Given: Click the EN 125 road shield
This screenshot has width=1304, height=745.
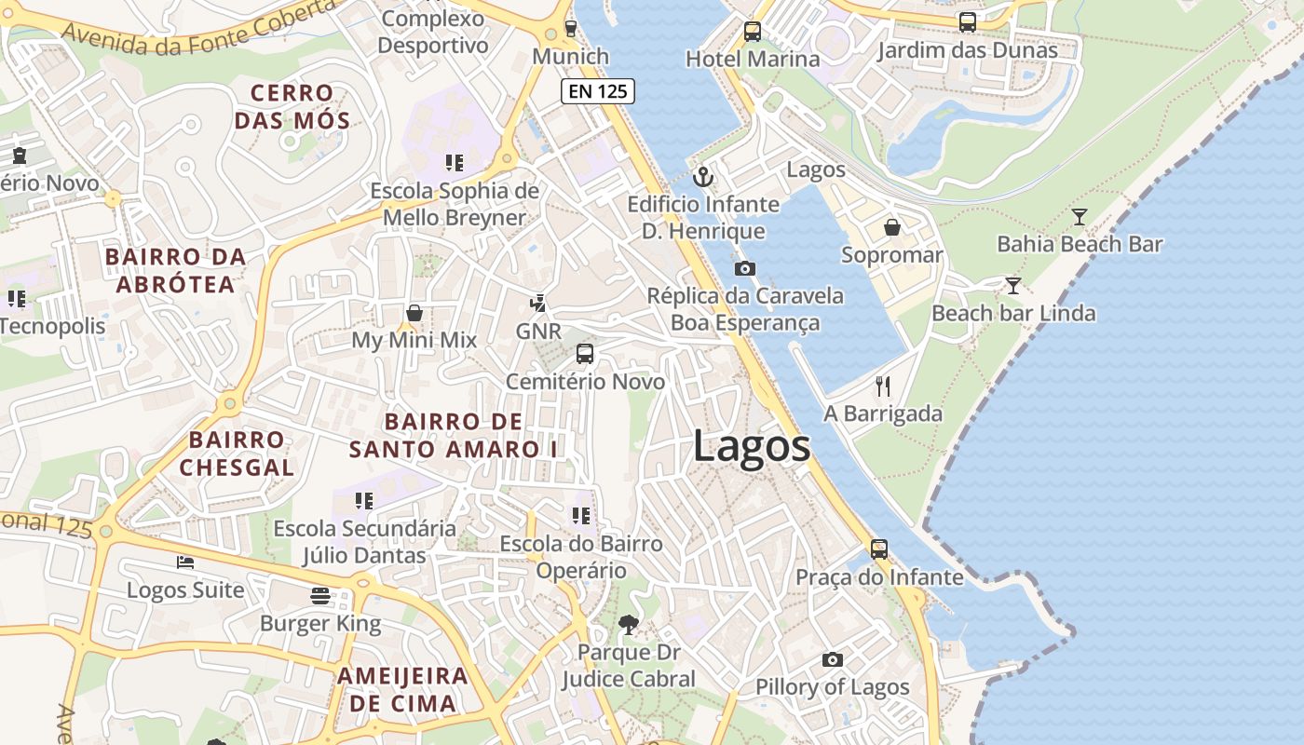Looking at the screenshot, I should [598, 91].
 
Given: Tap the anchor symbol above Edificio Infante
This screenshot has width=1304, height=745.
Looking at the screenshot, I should [703, 176].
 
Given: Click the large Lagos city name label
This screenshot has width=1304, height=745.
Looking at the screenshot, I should [751, 447].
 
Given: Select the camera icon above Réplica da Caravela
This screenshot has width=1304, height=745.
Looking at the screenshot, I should [744, 269].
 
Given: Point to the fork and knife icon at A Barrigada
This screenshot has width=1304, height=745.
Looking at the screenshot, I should [883, 386].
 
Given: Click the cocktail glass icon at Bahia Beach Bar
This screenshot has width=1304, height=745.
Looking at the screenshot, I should [1080, 217].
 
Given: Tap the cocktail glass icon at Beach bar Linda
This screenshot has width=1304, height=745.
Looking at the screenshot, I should [1013, 285].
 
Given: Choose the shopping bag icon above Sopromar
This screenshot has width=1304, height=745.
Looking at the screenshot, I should [892, 227].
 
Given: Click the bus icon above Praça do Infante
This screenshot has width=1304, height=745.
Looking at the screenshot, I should [879, 549].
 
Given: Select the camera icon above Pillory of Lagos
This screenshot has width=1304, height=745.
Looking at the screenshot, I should [833, 660].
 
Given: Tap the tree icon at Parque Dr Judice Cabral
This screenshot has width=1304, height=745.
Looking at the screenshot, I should [629, 625].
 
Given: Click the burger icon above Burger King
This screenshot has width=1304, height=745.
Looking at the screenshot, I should [320, 596].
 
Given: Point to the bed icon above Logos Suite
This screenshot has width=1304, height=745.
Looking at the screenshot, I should [185, 562].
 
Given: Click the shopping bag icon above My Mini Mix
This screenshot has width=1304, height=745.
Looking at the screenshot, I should [414, 313].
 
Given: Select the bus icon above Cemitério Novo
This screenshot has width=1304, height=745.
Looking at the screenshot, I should [585, 354].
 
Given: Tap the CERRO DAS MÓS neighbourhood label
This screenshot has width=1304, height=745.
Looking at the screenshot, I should [292, 106].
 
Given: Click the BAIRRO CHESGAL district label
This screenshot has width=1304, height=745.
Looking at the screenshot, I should [237, 453].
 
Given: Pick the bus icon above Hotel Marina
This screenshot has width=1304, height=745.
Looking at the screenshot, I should [753, 32].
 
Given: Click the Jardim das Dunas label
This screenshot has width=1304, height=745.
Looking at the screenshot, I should [968, 50].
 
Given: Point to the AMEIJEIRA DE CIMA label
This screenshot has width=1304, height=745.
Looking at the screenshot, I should [402, 689].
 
